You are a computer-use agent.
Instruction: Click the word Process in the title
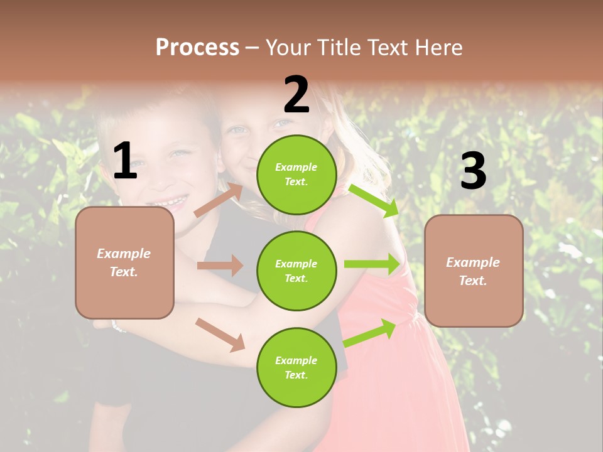pyautogui.click(x=197, y=47)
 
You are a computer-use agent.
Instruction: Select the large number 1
pyautogui.click(x=124, y=161)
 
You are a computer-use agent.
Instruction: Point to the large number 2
pyautogui.click(x=296, y=95)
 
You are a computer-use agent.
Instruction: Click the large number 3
pyautogui.click(x=473, y=171)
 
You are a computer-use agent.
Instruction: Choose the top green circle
pyautogui.click(x=296, y=175)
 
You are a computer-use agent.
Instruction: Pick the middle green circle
pyautogui.click(x=296, y=271)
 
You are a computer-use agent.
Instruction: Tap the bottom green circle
pyautogui.click(x=296, y=367)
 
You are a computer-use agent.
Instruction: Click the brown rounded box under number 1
pyautogui.click(x=124, y=262)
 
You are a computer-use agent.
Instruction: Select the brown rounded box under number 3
pyautogui.click(x=474, y=271)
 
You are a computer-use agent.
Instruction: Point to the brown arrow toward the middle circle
pyautogui.click(x=220, y=266)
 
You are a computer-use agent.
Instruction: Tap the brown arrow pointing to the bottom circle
pyautogui.click(x=220, y=334)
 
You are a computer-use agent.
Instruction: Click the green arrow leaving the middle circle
pyautogui.click(x=372, y=264)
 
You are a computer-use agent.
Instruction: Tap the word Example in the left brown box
pyautogui.click(x=124, y=254)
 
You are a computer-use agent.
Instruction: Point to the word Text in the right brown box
pyautogui.click(x=472, y=281)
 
